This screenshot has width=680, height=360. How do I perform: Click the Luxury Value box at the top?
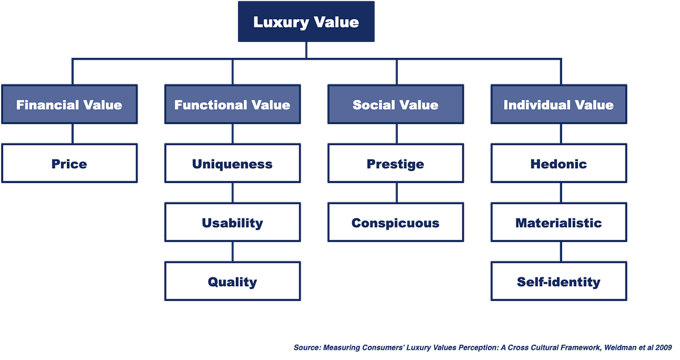tap(306, 22)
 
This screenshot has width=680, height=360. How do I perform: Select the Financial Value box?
tap(69, 105)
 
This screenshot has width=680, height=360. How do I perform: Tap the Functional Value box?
tap(232, 105)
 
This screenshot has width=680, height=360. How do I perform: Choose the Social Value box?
tap(396, 105)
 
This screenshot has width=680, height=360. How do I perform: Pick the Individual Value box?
tap(559, 105)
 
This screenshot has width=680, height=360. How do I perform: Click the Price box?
tap(69, 164)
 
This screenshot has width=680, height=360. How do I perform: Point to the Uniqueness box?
tap(232, 164)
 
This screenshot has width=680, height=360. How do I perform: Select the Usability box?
tap(232, 223)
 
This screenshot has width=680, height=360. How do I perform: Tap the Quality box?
tap(232, 282)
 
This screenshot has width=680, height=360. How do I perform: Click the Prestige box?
tap(396, 164)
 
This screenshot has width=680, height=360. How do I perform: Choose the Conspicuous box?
tap(396, 223)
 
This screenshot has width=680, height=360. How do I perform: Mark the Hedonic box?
tap(559, 164)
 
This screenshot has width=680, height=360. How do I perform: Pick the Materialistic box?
tap(559, 223)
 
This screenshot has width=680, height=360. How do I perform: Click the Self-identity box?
tap(559, 282)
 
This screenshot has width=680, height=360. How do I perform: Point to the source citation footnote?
tap(485, 347)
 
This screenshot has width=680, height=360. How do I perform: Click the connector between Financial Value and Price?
tap(72, 134)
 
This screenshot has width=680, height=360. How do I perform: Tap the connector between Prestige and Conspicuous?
tap(396, 193)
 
